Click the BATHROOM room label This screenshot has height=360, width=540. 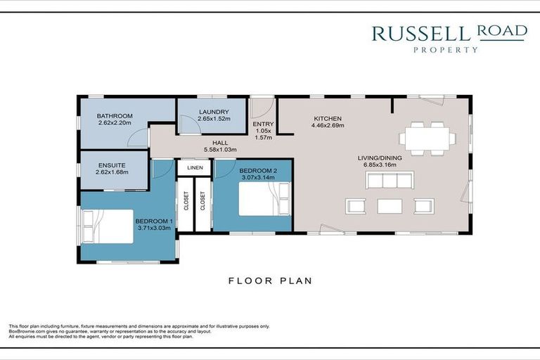[115, 115]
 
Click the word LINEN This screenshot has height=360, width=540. [195, 168]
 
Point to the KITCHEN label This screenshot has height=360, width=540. [328, 118]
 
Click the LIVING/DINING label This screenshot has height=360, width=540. [377, 157]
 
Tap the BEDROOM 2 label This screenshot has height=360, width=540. [258, 171]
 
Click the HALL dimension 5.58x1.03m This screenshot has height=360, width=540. [220, 149]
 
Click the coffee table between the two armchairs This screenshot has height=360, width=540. [390, 206]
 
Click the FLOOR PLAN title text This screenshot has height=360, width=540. [270, 281]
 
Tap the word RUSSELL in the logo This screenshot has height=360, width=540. [423, 32]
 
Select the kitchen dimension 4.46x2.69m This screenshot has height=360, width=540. [328, 126]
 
